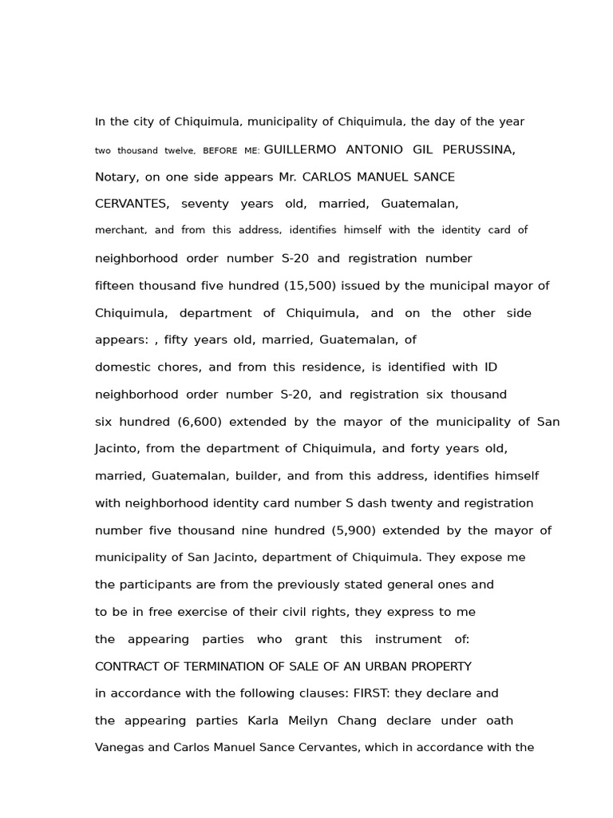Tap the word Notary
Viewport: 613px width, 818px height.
point(116,177)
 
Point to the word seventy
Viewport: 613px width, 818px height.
point(205,204)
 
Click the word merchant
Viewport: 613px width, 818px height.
point(120,230)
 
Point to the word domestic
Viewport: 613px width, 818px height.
point(121,367)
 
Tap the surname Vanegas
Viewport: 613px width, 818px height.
point(121,748)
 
